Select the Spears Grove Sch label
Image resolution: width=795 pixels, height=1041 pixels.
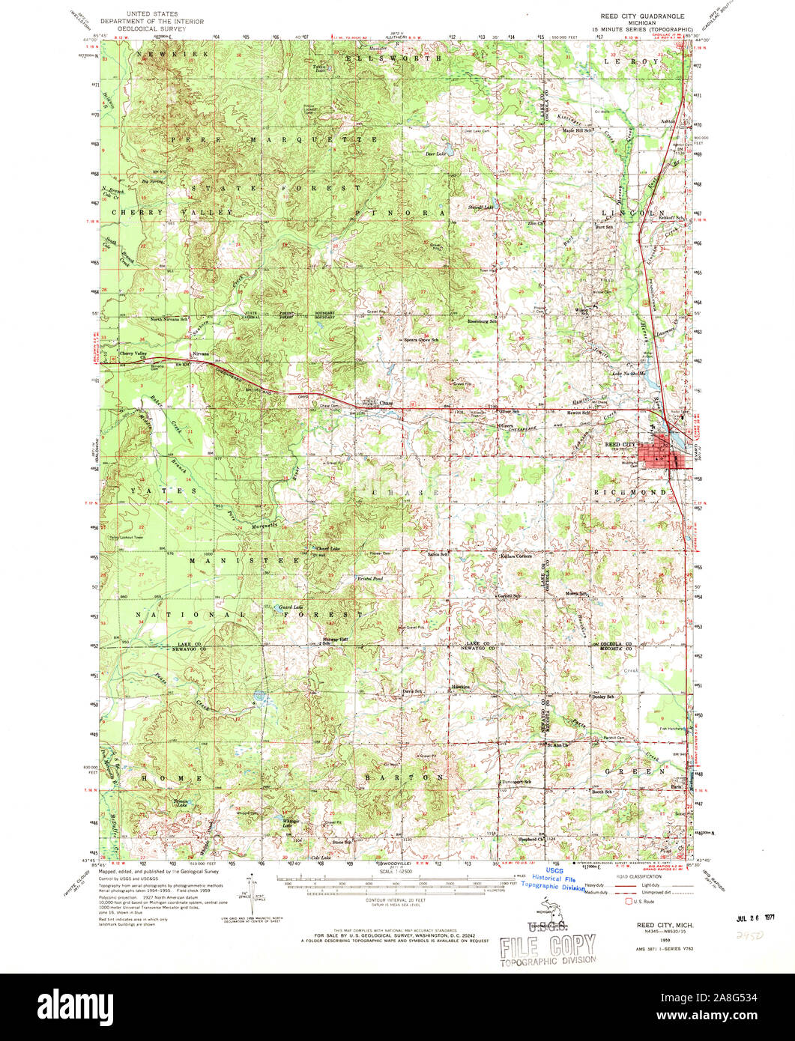tap(420, 339)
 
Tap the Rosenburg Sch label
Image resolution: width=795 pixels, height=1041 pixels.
tap(483, 321)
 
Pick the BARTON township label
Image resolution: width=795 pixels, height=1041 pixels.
tap(405, 777)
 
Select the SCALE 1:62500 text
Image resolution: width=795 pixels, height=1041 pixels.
tap(402, 869)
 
